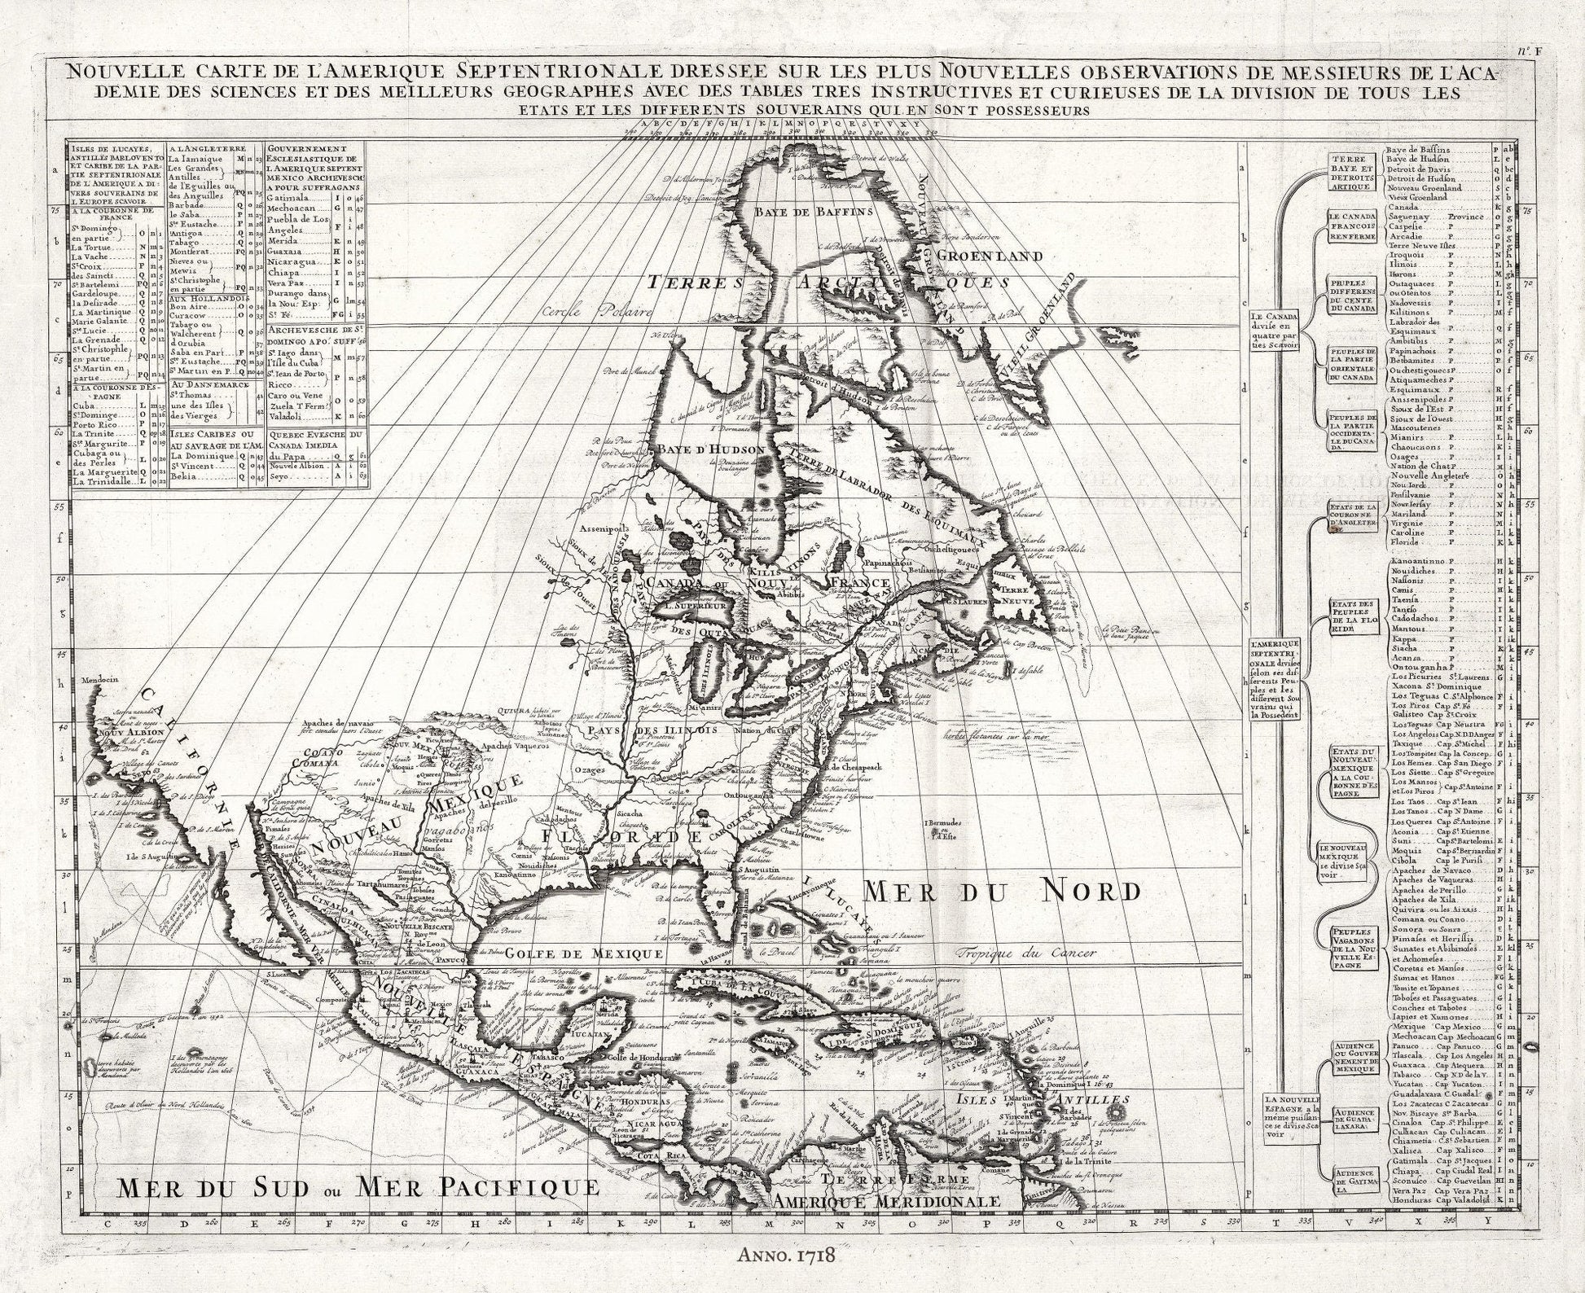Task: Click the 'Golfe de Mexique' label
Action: tap(583, 953)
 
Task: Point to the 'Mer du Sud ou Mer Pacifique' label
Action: tap(357, 1187)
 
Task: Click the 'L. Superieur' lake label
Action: tap(696, 606)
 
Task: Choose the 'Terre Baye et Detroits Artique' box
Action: tap(1349, 172)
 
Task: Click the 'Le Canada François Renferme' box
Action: tap(1350, 226)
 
